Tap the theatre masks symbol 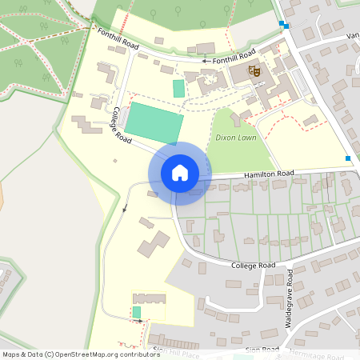point(255,72)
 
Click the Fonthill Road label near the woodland point(118,41)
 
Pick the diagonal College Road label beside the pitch point(122,126)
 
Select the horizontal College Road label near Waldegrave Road point(253,265)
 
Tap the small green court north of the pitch point(178,88)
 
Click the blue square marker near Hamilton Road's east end point(348,158)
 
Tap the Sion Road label point(262,350)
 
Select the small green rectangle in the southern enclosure point(136,312)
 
